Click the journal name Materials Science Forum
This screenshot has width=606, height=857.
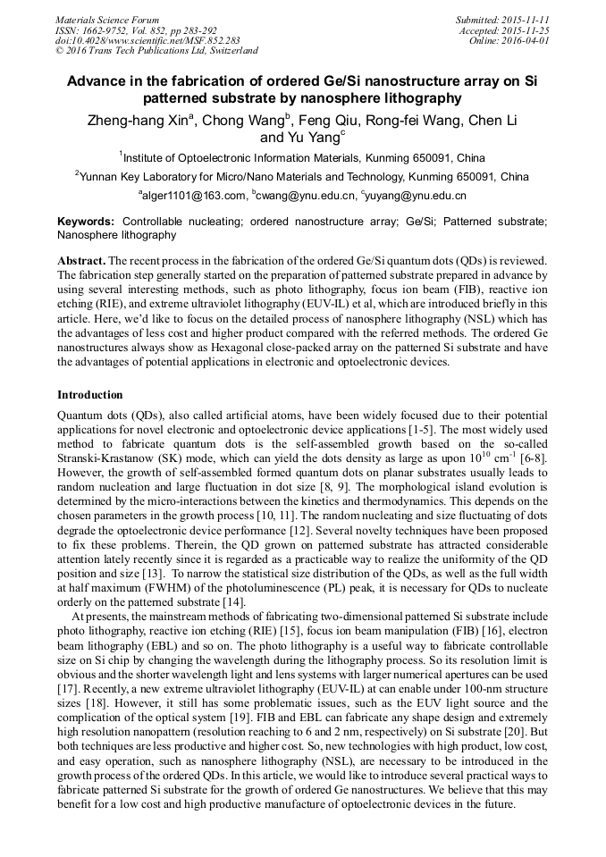[x=107, y=20]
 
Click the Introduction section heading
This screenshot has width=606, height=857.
[x=90, y=394]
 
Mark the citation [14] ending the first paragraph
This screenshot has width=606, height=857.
[x=234, y=601]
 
